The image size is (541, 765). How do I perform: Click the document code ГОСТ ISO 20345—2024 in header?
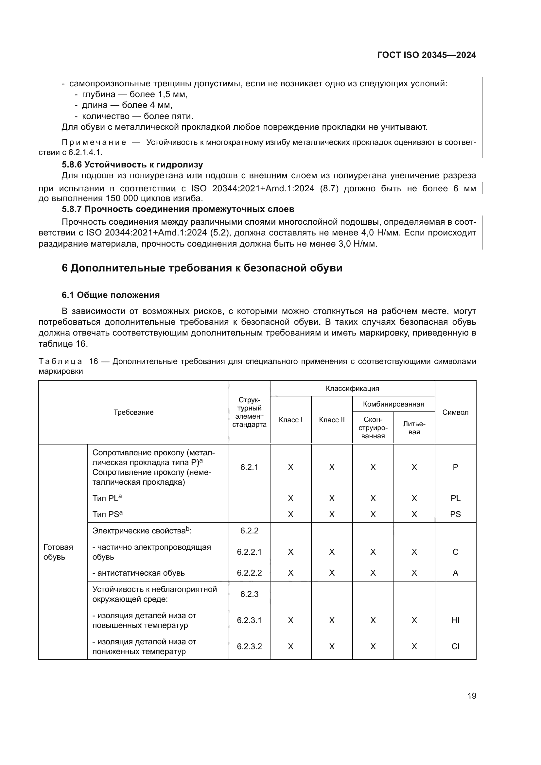(427, 55)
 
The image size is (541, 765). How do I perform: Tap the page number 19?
(472, 696)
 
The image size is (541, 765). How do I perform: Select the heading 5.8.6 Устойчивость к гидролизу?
(132, 165)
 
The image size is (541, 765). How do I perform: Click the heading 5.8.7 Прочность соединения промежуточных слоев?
(178, 209)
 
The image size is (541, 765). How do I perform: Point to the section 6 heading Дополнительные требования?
(202, 268)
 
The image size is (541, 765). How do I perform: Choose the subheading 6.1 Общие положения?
(111, 295)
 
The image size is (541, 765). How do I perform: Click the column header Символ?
(455, 412)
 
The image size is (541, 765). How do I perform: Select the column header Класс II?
(331, 420)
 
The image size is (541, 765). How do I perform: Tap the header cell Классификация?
(352, 389)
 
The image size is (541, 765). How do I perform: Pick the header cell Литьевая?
(414, 428)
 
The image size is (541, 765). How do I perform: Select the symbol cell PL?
(455, 498)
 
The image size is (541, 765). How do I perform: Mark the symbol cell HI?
(455, 620)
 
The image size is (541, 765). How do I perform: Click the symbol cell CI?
(455, 646)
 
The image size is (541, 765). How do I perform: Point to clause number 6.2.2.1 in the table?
(249, 552)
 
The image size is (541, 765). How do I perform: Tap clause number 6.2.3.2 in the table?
(249, 646)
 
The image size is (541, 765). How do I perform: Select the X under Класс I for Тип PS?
(290, 514)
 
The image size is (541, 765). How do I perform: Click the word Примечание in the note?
(94, 143)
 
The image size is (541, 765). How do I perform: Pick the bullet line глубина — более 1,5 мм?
(134, 94)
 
